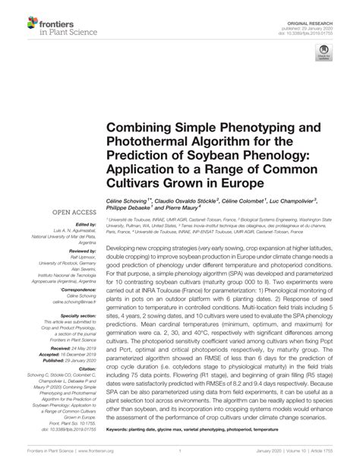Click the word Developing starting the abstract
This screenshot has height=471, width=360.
125,248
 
